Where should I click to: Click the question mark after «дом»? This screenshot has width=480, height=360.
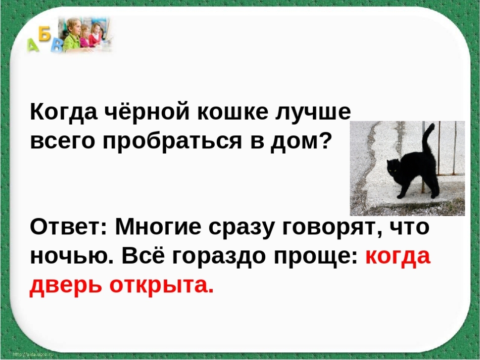coord(325,140)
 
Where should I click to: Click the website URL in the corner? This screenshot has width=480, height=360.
coord(33,354)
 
